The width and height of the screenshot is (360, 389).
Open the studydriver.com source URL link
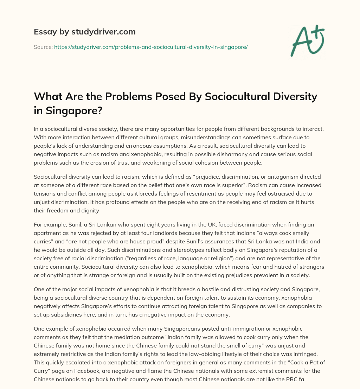(151, 47)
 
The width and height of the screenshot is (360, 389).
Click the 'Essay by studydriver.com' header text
(84, 32)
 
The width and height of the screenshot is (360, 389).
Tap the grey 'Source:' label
(43, 47)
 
